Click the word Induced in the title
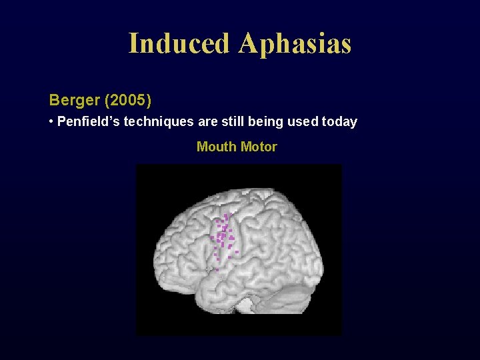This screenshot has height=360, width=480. click(179, 43)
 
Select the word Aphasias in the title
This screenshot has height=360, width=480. click(294, 43)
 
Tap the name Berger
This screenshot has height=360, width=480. click(74, 101)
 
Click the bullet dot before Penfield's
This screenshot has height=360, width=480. click(51, 122)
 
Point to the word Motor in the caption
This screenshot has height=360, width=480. click(259, 147)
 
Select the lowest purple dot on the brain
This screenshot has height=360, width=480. click(217, 269)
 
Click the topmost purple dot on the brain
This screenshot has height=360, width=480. click(227, 215)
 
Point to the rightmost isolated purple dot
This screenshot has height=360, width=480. click(237, 252)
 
